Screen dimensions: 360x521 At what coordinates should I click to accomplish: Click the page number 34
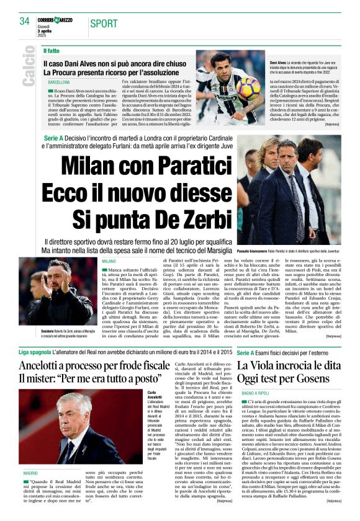point(24,21)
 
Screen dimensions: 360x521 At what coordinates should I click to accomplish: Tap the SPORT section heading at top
point(104,24)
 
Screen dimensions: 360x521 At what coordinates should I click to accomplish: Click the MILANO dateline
point(109,262)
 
